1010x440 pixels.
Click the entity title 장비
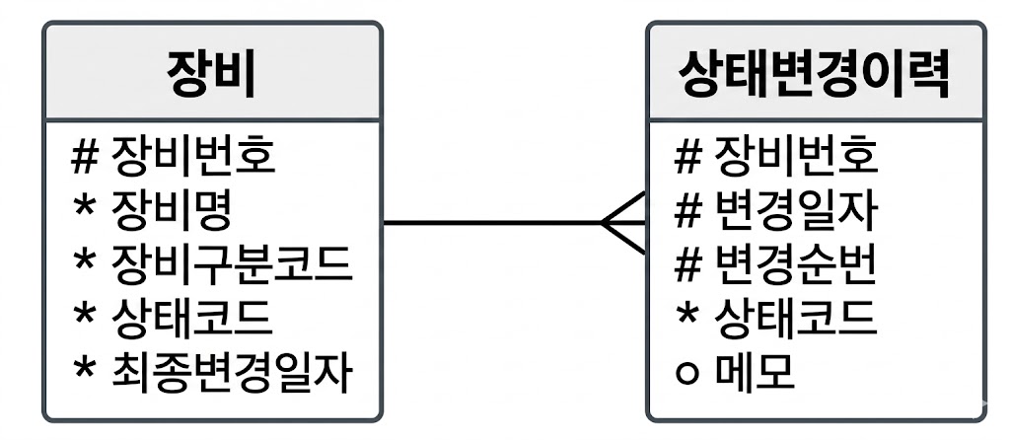[211, 74]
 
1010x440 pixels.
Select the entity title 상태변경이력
[815, 74]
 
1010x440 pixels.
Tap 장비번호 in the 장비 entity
[193, 156]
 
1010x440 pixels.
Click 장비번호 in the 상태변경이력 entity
[795, 156]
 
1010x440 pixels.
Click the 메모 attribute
[755, 373]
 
